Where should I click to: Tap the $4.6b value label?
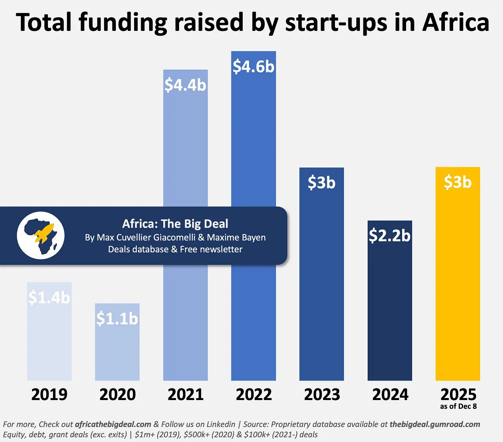point(253,67)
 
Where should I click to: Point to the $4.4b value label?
point(185,85)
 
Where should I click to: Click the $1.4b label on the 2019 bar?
point(49,297)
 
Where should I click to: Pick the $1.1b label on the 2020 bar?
point(117,319)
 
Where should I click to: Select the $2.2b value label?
point(390,236)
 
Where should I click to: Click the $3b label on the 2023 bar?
point(321,183)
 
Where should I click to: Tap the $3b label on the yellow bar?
point(458,182)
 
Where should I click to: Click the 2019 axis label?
point(49,394)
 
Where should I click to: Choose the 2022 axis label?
point(254,394)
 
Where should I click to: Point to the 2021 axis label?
point(185,394)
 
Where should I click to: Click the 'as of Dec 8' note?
point(458,406)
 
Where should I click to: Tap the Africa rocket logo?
point(40,236)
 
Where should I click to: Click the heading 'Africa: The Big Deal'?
point(175,224)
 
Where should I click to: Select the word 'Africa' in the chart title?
point(456,23)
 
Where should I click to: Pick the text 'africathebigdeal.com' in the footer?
point(113,424)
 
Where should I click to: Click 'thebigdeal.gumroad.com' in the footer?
point(435,424)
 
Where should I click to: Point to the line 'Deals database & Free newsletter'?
point(175,250)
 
